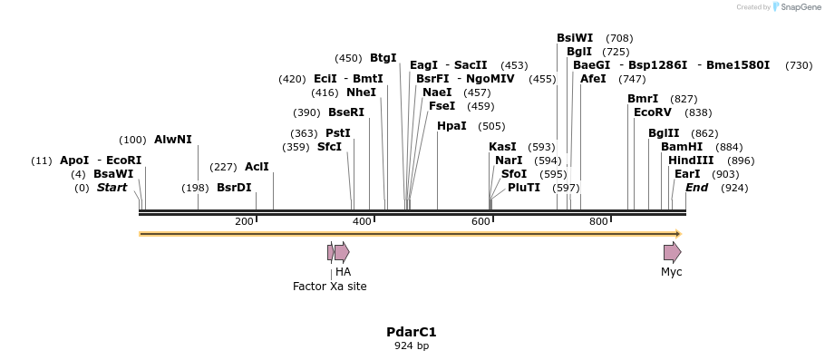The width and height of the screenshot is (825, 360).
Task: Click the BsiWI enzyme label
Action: [575, 38]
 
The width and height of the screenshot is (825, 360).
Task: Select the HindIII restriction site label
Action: [691, 161]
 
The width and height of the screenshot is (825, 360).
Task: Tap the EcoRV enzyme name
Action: [653, 112]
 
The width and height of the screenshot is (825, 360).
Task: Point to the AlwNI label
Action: [173, 140]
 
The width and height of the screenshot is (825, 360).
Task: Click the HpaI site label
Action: [451, 126]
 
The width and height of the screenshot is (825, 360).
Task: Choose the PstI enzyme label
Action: [338, 133]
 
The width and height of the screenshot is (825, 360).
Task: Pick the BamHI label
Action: [682, 147]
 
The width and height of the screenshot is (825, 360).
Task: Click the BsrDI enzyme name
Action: [234, 188]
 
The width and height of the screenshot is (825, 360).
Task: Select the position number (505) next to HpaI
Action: [491, 126]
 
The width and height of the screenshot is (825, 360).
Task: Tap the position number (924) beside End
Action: [734, 188]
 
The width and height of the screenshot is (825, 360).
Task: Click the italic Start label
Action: [112, 188]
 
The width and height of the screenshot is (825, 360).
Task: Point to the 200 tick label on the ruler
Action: [244, 222]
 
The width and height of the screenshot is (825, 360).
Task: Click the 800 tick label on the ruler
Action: [598, 222]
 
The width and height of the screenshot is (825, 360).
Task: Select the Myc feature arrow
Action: [672, 252]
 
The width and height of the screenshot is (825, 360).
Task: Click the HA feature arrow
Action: [342, 252]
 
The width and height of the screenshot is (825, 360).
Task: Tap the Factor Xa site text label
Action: [330, 287]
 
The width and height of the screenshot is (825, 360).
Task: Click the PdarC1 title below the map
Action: [412, 332]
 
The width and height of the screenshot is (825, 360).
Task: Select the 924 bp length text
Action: [412, 346]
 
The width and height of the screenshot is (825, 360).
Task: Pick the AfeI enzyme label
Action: [593, 79]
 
